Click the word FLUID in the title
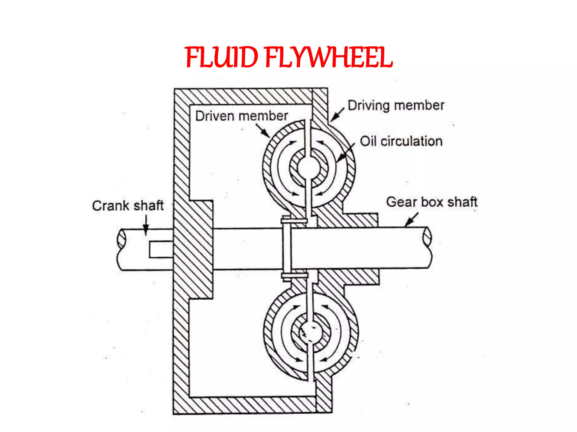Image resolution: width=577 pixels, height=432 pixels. (221, 58)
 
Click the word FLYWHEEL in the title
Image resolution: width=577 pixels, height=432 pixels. (329, 58)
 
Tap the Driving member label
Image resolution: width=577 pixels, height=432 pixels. (396, 105)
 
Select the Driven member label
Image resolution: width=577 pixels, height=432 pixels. (241, 116)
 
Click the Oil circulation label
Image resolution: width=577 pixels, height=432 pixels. (401, 141)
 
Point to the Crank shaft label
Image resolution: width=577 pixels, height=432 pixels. (128, 206)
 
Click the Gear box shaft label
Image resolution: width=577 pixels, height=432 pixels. (432, 202)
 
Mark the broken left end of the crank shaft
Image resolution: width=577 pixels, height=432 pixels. (121, 239)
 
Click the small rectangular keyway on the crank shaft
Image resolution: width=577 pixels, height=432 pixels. (161, 249)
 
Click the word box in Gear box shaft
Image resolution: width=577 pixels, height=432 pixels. (433, 202)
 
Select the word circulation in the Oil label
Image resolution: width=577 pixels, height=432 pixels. (412, 141)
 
